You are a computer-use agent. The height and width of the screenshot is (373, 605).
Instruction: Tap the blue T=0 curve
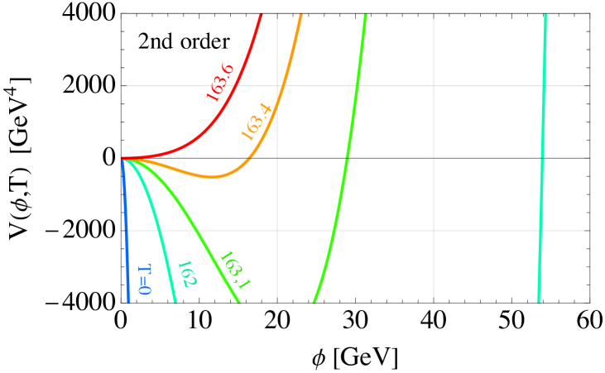tap(126, 232)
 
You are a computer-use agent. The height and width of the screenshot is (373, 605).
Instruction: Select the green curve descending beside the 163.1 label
tap(199, 232)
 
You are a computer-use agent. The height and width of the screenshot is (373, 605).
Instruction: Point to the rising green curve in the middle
tap(346, 157)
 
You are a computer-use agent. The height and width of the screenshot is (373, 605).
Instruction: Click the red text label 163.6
tap(220, 83)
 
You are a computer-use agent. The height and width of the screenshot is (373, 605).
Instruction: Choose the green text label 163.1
tap(234, 270)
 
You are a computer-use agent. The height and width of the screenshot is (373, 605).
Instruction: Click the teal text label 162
tap(186, 274)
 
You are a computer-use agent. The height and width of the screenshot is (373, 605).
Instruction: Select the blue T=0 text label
tap(144, 280)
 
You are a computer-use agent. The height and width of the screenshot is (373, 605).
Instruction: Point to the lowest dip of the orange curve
tap(213, 177)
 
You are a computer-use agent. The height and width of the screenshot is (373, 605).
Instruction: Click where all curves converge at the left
tap(123, 158)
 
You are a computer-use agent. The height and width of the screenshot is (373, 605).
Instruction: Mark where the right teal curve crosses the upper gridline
tap(544, 85)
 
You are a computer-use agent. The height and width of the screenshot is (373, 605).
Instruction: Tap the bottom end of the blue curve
tap(129, 301)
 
